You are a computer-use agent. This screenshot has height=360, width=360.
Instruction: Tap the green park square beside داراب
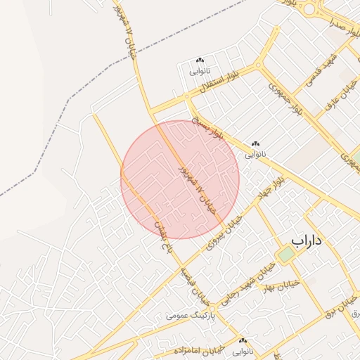[x=285, y=255]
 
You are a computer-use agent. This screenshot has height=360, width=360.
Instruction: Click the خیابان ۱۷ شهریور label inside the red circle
[x=195, y=191]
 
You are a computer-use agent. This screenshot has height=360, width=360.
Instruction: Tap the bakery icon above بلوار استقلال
[x=200, y=61]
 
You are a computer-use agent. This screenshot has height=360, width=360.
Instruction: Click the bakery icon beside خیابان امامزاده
[x=243, y=340]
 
